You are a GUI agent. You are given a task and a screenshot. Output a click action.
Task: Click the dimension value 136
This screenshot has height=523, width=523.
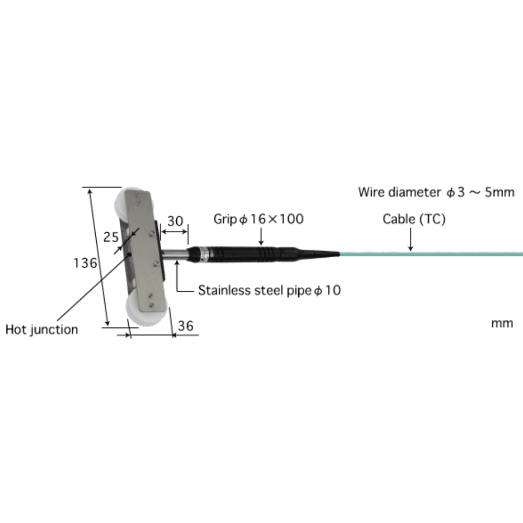coord(85,263)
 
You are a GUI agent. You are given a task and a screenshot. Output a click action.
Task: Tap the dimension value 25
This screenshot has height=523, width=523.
coord(110,237)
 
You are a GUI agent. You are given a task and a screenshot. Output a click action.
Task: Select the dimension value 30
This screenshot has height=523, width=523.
coord(175,221)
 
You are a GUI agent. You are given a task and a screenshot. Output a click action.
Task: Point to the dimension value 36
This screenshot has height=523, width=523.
coord(185,326)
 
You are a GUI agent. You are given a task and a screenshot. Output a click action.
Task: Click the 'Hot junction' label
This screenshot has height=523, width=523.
coord(41,329)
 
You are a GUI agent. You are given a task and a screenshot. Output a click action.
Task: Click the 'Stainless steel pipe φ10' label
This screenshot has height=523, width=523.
coord(269,290)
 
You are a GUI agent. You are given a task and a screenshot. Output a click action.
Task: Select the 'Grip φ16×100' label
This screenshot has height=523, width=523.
coord(258,219)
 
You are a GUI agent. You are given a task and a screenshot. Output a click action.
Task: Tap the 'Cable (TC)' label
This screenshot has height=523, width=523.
coord(414,219)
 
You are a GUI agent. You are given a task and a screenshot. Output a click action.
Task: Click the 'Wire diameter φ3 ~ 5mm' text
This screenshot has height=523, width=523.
coord(436,192)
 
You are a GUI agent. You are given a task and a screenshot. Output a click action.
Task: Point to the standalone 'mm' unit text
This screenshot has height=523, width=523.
coord(502,323)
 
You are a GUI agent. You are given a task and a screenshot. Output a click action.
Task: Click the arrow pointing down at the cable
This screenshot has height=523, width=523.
coord(411,241)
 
